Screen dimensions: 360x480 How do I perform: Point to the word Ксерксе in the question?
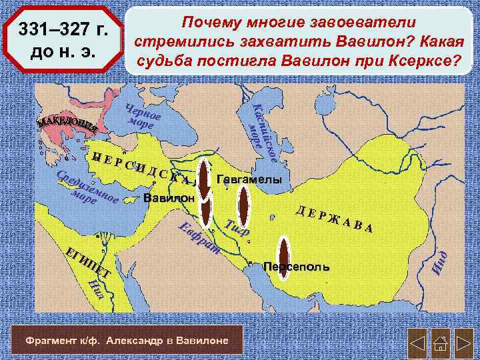[425, 62]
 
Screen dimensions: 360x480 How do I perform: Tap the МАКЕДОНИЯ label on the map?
[67, 123]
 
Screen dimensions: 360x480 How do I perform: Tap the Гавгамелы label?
[249, 181]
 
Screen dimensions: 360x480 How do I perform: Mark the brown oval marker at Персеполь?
[284, 256]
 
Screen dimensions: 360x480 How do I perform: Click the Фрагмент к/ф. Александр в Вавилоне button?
[126, 341]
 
